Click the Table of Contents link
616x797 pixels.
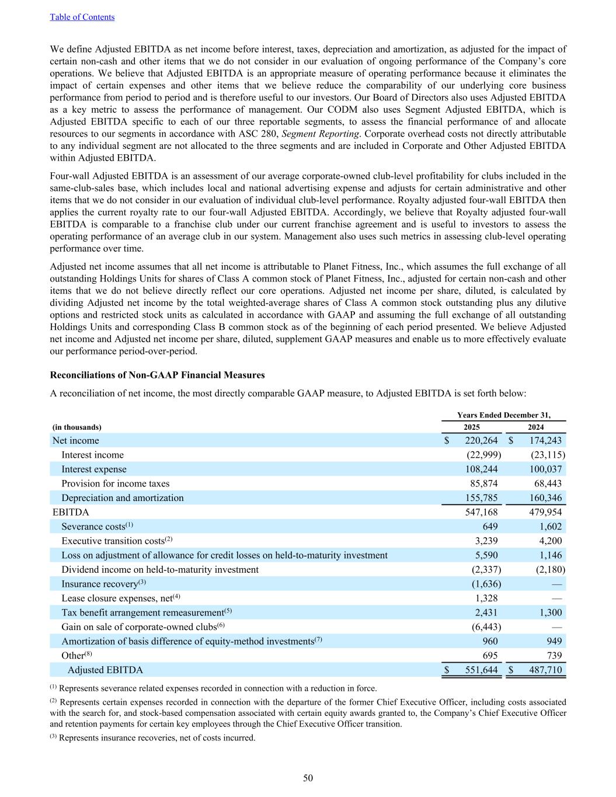(x=82, y=17)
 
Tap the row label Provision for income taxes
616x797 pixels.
(x=116, y=483)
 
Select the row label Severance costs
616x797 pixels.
(x=93, y=527)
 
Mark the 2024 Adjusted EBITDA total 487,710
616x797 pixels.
(x=544, y=670)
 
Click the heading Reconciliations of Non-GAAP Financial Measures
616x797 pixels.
(x=158, y=375)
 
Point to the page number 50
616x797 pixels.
(x=308, y=778)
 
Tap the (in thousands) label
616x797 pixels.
(x=77, y=427)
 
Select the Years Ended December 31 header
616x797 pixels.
(x=503, y=415)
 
